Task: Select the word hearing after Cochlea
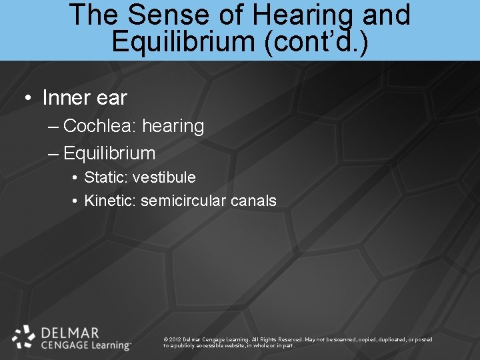tap(173, 127)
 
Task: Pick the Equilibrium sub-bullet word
tap(109, 153)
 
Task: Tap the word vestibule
tap(164, 177)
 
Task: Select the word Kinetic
tap(110, 201)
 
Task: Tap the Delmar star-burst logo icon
tap(24, 337)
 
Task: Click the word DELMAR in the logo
tap(70, 332)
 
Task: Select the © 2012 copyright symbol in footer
tap(165, 340)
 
